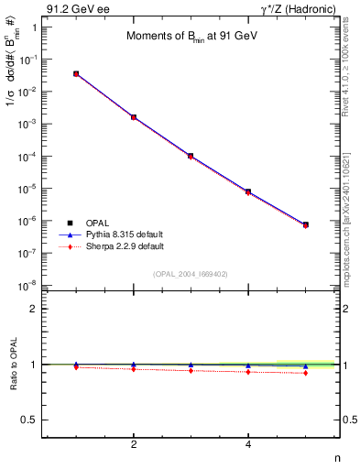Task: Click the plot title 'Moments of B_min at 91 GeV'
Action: pos(191,37)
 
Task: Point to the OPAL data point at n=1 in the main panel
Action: pos(76,73)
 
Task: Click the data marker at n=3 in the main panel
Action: pos(191,156)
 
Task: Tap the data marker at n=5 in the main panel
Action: pos(305,224)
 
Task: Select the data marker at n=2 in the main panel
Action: pos(134,117)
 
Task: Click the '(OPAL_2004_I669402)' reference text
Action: pos(191,273)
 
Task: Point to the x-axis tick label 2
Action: pos(134,445)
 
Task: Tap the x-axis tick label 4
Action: pos(248,445)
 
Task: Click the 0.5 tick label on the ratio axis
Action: pos(31,420)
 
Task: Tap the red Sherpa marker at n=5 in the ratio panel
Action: pos(305,373)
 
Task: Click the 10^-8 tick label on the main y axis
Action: pos(30,286)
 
